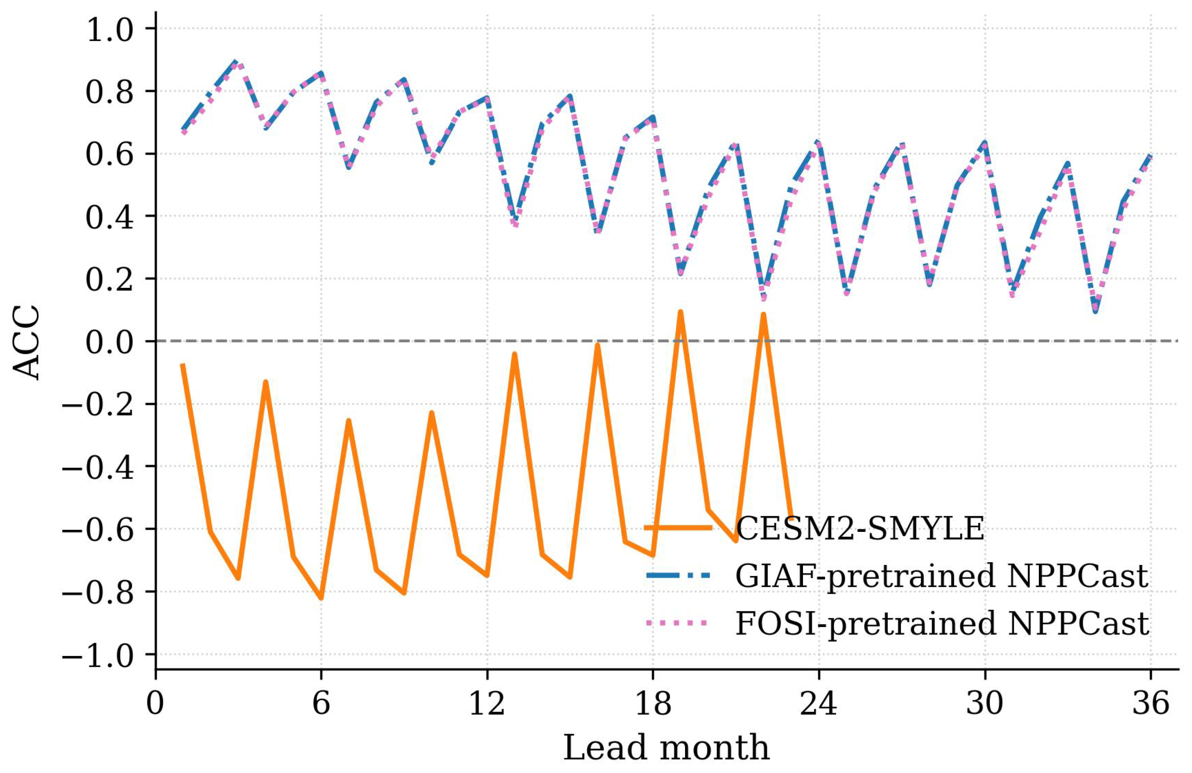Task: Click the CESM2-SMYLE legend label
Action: coord(860,528)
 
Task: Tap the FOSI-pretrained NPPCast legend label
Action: coord(941,623)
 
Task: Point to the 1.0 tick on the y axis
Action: coord(110,29)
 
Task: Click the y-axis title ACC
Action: coord(26,342)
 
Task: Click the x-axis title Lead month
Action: coord(666,748)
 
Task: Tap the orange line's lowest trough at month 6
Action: coord(321,598)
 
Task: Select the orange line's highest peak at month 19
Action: coord(681,312)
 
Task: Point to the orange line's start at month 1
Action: coord(183,365)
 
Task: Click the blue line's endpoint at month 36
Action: coord(1150,155)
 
